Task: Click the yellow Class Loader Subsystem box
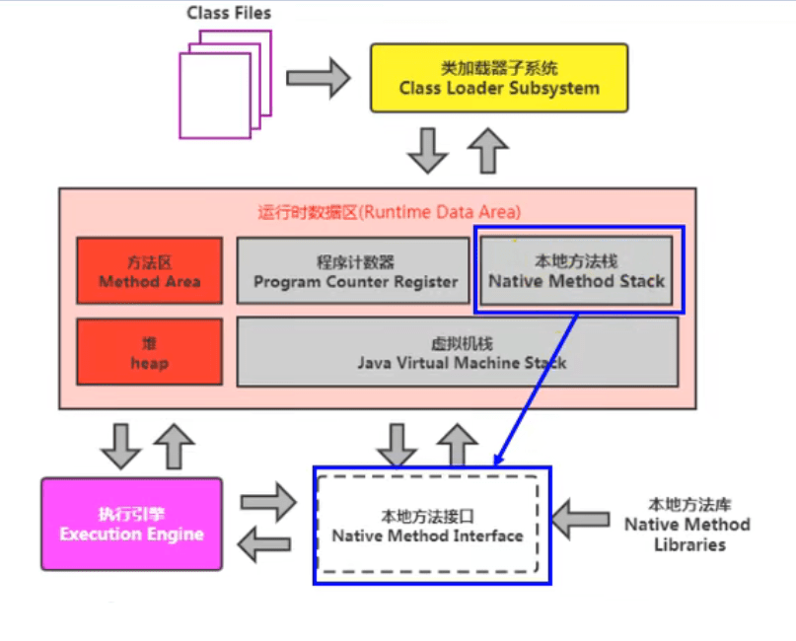498,78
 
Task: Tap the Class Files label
229,14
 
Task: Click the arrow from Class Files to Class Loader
318,77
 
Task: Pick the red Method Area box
150,271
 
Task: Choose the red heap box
150,353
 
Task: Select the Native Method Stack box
576,271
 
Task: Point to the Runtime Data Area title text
390,212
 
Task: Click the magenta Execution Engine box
131,525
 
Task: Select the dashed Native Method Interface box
427,526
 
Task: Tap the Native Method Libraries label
687,525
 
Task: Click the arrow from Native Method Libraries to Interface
582,516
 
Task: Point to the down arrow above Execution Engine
122,445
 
